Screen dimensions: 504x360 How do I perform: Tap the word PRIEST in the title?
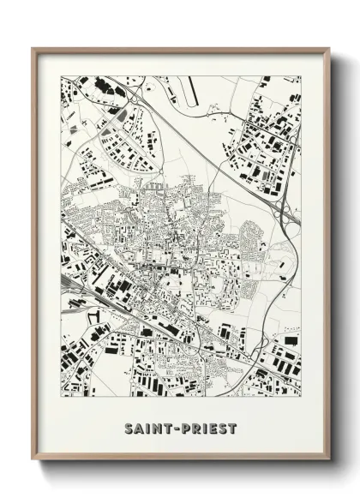click(207, 428)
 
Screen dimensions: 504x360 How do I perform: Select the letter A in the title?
click(139, 428)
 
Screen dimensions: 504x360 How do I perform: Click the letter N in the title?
click(156, 428)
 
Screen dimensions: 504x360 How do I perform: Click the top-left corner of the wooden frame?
click(33, 48)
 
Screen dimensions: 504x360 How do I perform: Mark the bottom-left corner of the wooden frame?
click(33, 460)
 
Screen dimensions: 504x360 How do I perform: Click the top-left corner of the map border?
click(61, 75)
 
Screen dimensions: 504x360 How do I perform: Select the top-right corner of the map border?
click(301, 75)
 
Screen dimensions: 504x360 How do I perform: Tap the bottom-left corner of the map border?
click(61, 396)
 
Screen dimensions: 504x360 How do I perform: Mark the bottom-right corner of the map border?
click(301, 396)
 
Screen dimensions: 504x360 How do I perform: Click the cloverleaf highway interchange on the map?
click(289, 213)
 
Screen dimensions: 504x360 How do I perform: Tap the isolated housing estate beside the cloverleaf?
click(252, 233)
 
